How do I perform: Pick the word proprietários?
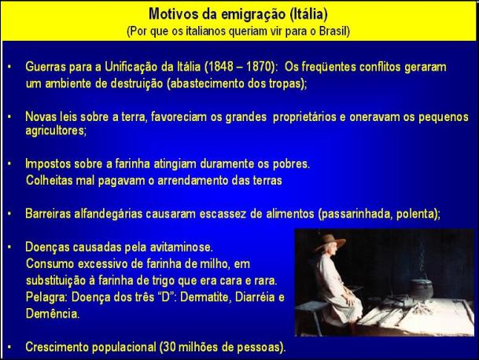coord(304,117)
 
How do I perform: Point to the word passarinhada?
coord(356,214)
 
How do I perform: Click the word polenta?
coord(417,214)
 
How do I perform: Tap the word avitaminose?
coord(182,247)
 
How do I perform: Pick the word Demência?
coord(53,314)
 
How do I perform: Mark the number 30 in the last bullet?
coord(169,347)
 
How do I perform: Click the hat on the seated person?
coord(330,241)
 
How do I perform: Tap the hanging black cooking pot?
coord(421,288)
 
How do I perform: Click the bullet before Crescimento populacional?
coord(9,347)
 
